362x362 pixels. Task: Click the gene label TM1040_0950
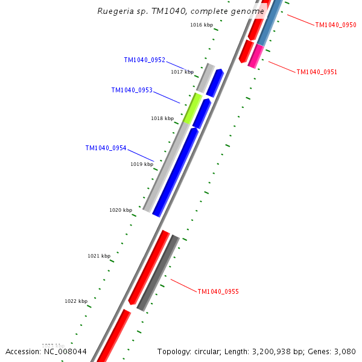point(335,25)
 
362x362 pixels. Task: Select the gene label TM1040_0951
point(317,72)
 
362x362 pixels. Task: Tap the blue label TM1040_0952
point(144,60)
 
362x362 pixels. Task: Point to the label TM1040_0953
point(132,91)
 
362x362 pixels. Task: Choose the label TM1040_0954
point(106,148)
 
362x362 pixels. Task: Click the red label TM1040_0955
point(218,292)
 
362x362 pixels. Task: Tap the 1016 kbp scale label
point(202,25)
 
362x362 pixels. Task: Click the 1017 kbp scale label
point(182,72)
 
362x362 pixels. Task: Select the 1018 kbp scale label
point(162,119)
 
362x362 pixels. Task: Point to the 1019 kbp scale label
point(142,165)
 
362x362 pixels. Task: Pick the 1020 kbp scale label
point(121,211)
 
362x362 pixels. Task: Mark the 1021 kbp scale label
point(99,256)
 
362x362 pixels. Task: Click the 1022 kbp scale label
point(76,302)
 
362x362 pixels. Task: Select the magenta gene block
point(256,56)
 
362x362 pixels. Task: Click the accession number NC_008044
point(65,352)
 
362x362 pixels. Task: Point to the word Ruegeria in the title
point(116,11)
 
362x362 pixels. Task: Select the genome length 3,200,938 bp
point(275,352)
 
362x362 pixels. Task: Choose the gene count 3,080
point(345,352)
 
